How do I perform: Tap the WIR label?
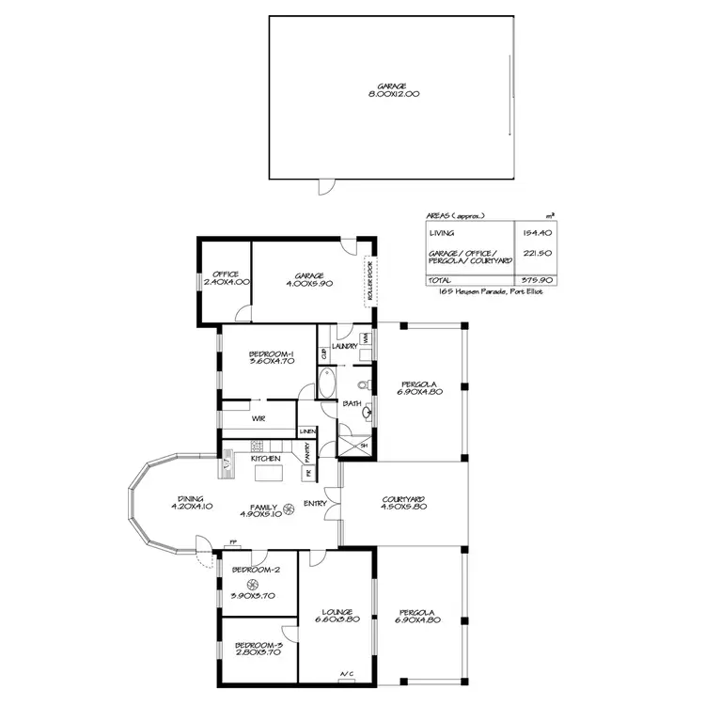point(257,417)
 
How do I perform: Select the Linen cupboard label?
point(307,431)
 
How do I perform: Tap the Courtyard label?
point(405,499)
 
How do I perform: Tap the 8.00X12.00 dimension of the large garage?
point(394,94)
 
